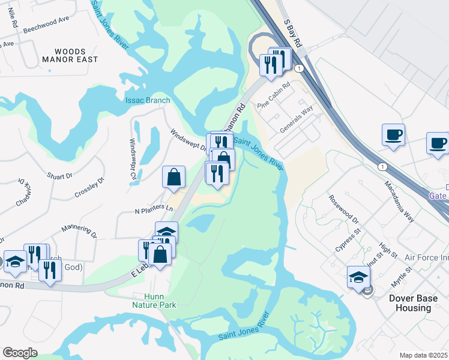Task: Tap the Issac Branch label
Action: pos(147,100)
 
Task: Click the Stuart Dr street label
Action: pos(59,176)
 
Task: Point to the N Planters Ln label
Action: pos(154,209)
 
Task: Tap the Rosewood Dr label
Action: pos(343,206)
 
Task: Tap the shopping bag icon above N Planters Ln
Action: pos(173,177)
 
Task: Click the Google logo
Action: pos(20,353)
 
